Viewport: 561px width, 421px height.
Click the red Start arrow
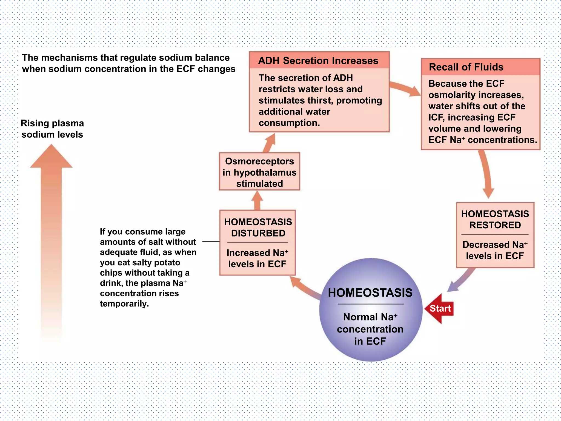point(439,309)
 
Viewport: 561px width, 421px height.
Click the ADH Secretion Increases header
point(318,61)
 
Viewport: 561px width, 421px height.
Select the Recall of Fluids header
point(466,67)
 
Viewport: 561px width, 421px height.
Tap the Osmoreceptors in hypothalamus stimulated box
point(259,172)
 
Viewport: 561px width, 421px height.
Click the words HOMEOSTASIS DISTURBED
point(258,227)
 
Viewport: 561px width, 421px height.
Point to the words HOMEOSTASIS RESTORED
point(495,219)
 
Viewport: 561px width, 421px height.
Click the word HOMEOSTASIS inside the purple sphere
point(370,293)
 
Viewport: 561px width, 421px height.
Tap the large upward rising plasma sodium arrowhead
point(51,157)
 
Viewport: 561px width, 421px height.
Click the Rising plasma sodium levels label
point(52,129)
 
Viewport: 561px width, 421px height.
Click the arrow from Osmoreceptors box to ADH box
point(269,143)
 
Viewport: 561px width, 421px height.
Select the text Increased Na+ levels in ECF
point(257,258)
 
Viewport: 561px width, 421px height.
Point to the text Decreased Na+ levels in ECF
point(495,250)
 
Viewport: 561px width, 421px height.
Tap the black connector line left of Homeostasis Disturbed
point(211,241)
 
